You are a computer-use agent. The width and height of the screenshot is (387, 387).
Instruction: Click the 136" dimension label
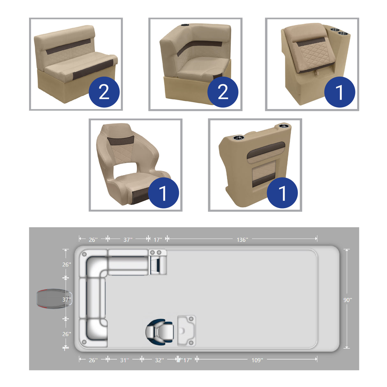tap(242, 239)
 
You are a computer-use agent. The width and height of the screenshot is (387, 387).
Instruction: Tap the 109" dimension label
tap(257, 360)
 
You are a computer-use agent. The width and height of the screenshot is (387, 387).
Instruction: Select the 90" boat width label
tap(347, 300)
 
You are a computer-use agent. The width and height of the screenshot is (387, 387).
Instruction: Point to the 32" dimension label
tap(159, 360)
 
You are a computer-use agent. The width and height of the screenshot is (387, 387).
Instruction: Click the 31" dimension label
tap(124, 360)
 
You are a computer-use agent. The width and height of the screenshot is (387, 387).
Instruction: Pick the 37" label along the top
tap(128, 239)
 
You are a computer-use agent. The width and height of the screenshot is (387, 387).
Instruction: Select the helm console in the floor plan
tap(186, 331)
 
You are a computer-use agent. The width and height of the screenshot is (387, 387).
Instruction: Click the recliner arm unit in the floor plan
tap(158, 262)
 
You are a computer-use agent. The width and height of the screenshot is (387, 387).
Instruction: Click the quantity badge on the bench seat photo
tap(104, 92)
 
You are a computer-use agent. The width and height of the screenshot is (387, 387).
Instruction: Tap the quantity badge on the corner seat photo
tap(223, 92)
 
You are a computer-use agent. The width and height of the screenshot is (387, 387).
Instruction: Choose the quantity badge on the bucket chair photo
tap(163, 193)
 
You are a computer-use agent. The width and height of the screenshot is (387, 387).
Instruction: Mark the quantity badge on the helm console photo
tap(282, 193)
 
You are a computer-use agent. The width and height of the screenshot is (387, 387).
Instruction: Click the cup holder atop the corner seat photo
tap(185, 25)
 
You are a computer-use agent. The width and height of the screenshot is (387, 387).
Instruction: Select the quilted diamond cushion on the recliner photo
tap(314, 52)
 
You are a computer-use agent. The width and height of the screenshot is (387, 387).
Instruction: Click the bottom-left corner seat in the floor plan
tap(93, 332)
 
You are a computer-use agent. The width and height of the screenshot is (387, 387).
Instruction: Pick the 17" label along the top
tap(158, 239)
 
